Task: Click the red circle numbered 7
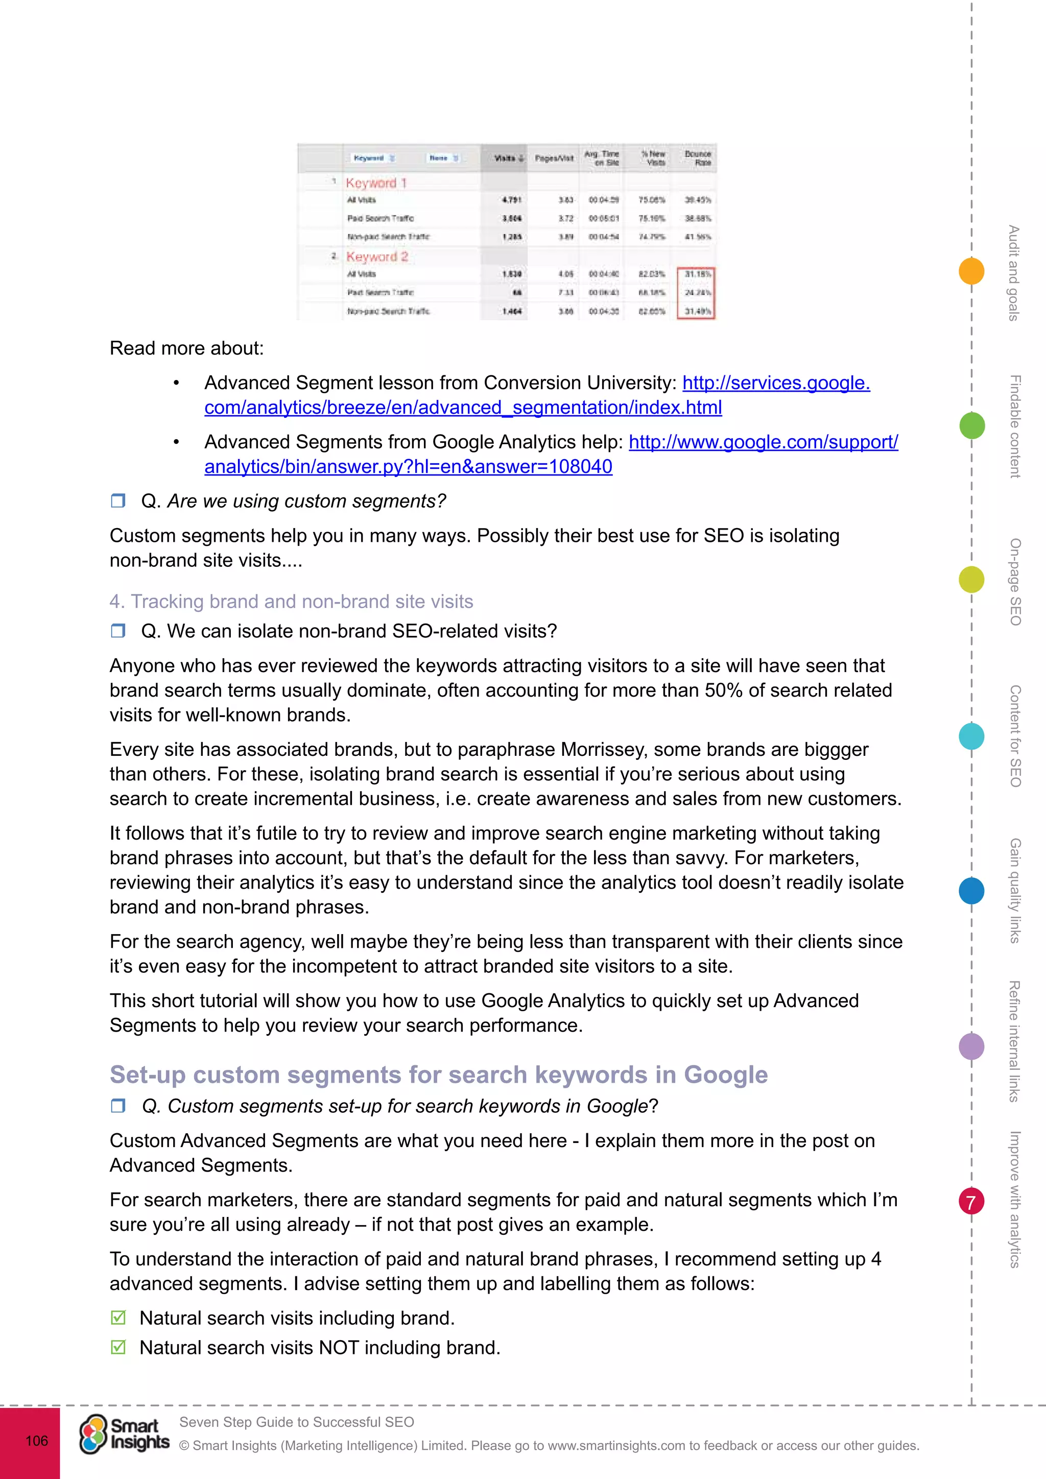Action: (971, 1201)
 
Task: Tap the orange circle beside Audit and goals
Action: (971, 271)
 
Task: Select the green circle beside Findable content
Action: (972, 425)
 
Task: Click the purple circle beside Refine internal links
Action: (971, 1046)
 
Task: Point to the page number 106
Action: (37, 1440)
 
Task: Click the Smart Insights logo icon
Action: (93, 1434)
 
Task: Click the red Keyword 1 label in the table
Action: (376, 183)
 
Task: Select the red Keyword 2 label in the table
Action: (377, 256)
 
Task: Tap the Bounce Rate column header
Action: (698, 158)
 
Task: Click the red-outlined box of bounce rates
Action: (696, 293)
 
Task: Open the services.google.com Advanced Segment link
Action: (775, 383)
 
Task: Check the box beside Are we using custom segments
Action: (118, 500)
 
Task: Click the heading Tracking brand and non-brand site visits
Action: (291, 601)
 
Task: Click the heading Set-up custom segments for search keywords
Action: (438, 1075)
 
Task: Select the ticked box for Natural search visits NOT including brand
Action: (118, 1347)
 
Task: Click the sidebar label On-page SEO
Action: (1015, 582)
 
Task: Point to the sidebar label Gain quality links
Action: (1015, 890)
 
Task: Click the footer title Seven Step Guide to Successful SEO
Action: (296, 1422)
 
